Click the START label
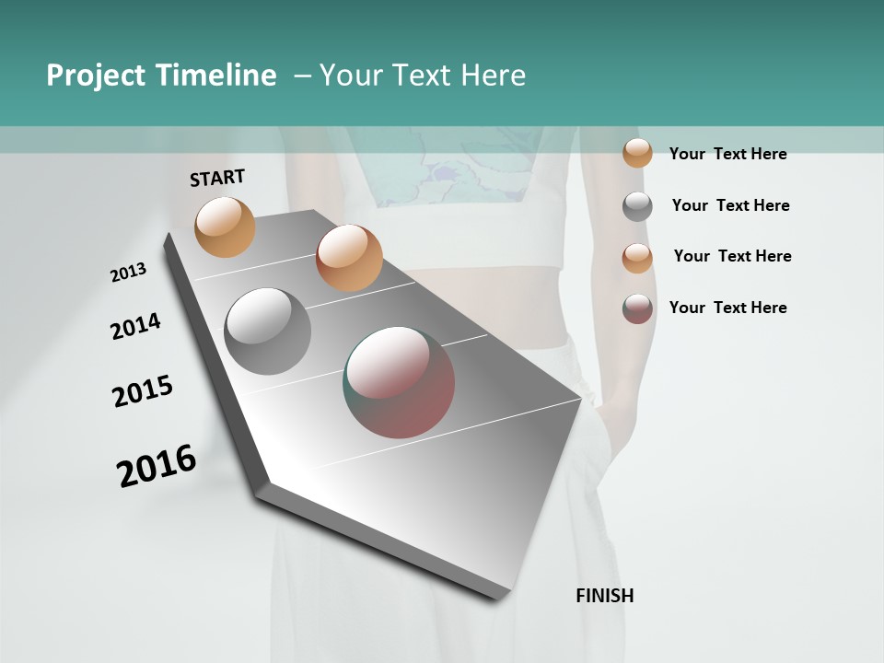(217, 178)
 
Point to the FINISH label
(604, 596)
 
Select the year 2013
(128, 273)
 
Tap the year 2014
(135, 327)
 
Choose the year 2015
(143, 391)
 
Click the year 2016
(157, 466)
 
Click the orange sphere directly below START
(225, 227)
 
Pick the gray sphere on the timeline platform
(268, 331)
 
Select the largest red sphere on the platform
(399, 382)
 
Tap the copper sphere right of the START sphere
(349, 258)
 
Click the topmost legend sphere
(637, 153)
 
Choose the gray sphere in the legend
(637, 206)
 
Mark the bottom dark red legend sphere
(637, 308)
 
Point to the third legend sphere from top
(637, 257)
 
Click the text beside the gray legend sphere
(730, 205)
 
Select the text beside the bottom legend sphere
(727, 308)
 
